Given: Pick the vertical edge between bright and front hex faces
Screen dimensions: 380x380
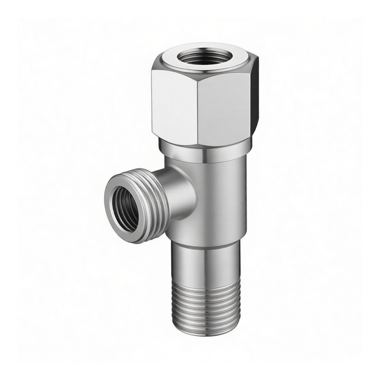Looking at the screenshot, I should pyautogui.click(x=197, y=108).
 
